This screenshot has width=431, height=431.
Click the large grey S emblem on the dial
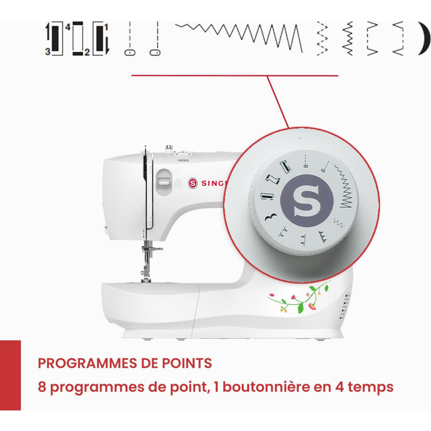pyautogui.click(x=307, y=201)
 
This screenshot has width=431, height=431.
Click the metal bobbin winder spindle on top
pyautogui.click(x=169, y=149)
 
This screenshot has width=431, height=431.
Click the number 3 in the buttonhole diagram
pyautogui.click(x=48, y=52)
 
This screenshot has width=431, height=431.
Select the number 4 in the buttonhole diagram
pyautogui.click(x=68, y=27)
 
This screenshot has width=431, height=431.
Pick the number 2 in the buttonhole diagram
pyautogui.click(x=87, y=52)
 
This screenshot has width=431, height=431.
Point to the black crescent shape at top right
pyautogui.click(x=424, y=38)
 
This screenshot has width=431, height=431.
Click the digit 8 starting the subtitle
pyautogui.click(x=42, y=387)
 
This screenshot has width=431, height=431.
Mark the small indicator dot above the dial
pyautogui.click(x=300, y=138)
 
